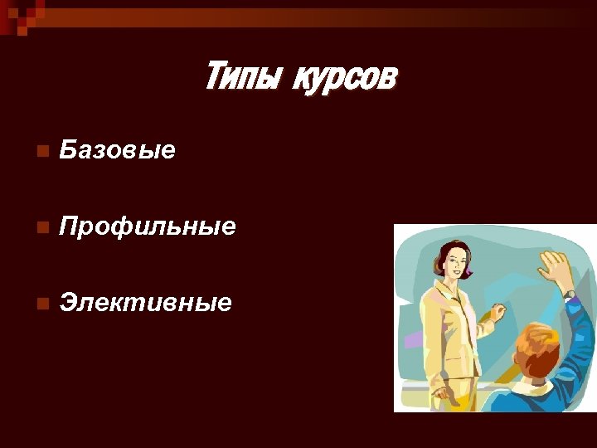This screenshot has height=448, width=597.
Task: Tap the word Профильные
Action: [x=148, y=226]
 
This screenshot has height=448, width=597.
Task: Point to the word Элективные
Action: [x=145, y=302]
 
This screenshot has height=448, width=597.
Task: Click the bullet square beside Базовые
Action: [x=43, y=151]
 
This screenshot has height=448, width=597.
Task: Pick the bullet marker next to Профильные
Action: [x=43, y=226]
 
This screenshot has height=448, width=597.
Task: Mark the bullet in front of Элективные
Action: [x=43, y=303]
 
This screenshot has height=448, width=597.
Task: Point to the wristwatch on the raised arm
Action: [x=569, y=294]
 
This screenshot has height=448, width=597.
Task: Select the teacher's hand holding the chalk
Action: [x=498, y=313]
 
